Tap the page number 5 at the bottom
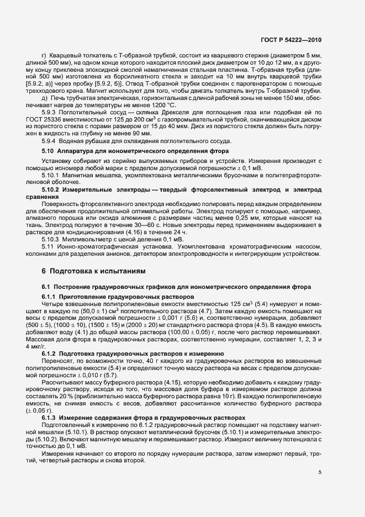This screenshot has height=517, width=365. point(320,472)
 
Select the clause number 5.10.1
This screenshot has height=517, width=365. point(51,174)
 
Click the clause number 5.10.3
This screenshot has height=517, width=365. point(51,240)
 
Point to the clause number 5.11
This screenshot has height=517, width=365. point(48,247)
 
